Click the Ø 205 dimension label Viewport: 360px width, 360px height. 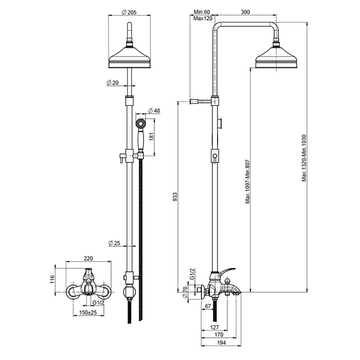[129, 12]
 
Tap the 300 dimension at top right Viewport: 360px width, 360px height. [245, 12]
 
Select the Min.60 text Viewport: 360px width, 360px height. [202, 12]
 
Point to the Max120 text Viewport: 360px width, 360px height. [203, 19]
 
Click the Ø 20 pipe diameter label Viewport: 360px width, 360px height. [113, 82]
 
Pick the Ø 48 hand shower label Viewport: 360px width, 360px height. [154, 111]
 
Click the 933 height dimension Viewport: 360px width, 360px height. [175, 197]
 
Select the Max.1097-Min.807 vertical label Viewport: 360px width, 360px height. [247, 182]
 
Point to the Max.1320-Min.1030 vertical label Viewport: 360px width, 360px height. [304, 158]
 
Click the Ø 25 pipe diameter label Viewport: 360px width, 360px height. [114, 243]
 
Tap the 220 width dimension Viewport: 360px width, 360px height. [88, 259]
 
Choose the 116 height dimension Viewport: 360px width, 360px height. [52, 279]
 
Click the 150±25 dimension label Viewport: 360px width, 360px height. [88, 313]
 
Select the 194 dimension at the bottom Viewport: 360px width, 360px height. [221, 343]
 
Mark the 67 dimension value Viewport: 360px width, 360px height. [208, 306]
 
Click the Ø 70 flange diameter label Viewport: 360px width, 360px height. [185, 292]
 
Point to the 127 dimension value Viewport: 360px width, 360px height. [214, 327]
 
